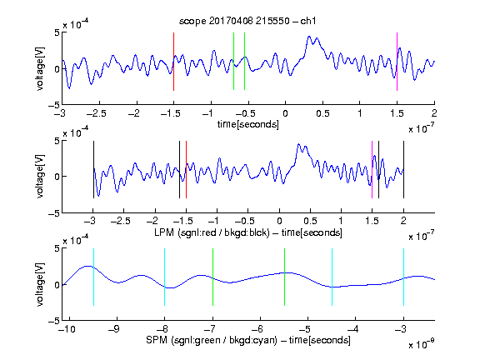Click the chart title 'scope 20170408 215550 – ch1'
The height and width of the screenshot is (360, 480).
247,21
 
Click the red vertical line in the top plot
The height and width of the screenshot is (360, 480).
173,62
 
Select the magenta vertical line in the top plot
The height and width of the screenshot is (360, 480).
397,62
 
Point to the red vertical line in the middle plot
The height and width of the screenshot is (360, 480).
186,170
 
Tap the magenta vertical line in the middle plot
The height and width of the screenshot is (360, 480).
372,170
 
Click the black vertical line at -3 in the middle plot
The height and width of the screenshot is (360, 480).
93,170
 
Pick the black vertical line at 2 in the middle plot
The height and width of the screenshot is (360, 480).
403,170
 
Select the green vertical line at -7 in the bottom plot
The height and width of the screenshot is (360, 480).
212,277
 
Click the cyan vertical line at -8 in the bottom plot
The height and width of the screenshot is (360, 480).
165,277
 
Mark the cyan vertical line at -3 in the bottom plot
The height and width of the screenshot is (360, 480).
403,277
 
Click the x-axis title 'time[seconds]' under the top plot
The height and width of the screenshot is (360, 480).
248,124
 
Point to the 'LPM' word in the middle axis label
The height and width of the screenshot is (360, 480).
164,232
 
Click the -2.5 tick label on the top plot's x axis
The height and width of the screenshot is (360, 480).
97,113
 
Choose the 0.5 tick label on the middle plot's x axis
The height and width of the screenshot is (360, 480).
310,221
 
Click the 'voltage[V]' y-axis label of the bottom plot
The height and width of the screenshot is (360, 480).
40,284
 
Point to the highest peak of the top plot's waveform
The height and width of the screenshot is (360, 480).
309,37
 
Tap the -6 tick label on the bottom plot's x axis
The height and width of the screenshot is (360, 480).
258,329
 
